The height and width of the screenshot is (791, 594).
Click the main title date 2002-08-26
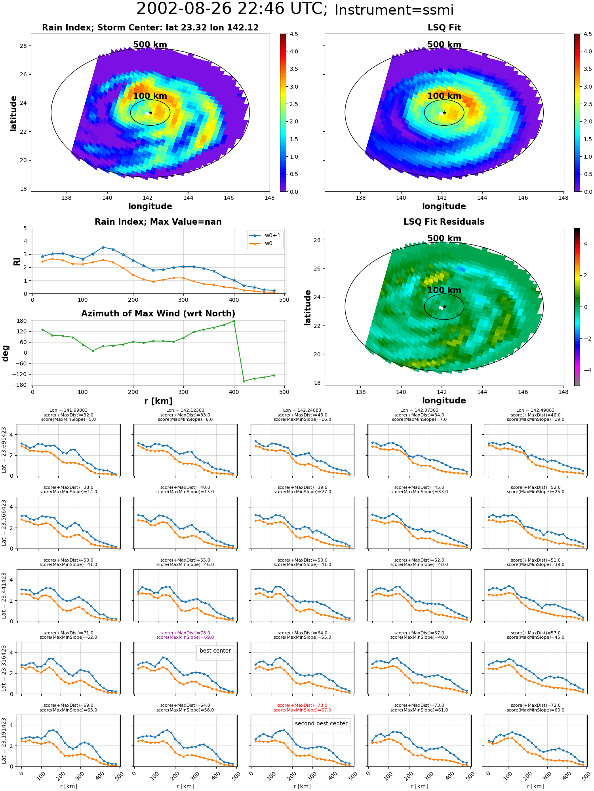click(x=190, y=9)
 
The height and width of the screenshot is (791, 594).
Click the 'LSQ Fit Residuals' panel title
click(x=444, y=222)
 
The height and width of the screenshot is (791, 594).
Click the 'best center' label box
click(x=215, y=651)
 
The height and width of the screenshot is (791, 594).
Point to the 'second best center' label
click(x=321, y=723)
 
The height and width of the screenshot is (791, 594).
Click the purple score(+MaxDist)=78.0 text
click(x=185, y=633)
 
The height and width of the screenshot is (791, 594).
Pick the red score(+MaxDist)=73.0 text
click(x=303, y=706)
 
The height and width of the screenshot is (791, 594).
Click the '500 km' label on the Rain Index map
click(x=150, y=45)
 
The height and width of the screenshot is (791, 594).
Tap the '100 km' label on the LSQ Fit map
click(x=444, y=96)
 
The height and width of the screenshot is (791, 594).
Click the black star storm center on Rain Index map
click(x=150, y=113)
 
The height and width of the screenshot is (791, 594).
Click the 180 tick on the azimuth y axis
click(x=22, y=321)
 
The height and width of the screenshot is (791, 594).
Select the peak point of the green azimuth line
click(x=234, y=321)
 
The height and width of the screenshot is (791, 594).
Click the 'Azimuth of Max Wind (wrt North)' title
click(x=158, y=314)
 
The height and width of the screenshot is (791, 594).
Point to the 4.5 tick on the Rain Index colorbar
click(x=294, y=34)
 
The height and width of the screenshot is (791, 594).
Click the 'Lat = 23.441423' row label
click(x=4, y=595)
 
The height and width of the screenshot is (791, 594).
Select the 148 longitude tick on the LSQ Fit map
click(x=563, y=198)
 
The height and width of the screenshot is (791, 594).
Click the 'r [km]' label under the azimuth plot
click(x=158, y=401)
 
